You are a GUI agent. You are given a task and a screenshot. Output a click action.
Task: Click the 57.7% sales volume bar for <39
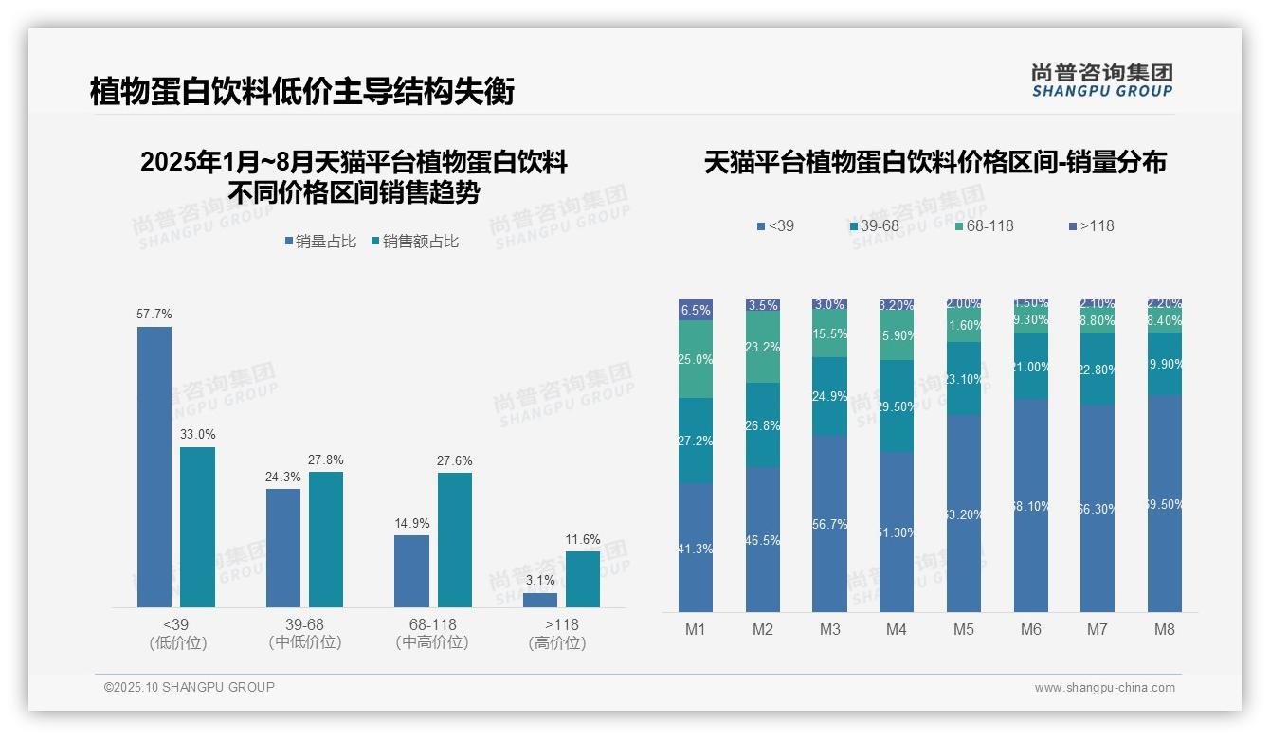(x=154, y=466)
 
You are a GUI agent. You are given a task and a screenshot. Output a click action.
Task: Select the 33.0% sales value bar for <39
(x=197, y=527)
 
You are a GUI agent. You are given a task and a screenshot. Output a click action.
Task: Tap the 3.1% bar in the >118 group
(x=540, y=600)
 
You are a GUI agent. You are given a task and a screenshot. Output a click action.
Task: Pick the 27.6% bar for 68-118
(x=455, y=540)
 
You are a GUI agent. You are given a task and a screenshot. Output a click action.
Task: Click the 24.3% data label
(x=282, y=477)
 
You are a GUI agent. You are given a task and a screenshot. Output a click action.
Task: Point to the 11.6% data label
(x=583, y=539)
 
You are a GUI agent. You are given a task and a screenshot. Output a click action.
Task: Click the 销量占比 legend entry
(x=320, y=242)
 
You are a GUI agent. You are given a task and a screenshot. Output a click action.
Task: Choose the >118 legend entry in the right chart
(x=1092, y=226)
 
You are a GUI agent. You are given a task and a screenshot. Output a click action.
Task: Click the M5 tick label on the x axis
(x=964, y=629)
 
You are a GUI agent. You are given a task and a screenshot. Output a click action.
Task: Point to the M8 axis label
(x=1165, y=629)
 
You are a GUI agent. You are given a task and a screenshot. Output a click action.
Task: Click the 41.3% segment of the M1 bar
(x=696, y=548)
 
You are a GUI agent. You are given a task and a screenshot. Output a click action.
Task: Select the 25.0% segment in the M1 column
(x=696, y=359)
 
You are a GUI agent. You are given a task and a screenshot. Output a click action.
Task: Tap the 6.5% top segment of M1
(x=696, y=310)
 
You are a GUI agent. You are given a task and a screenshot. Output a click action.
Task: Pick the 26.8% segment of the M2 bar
(x=763, y=425)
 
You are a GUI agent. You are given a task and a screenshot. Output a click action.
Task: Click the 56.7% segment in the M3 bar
(x=830, y=523)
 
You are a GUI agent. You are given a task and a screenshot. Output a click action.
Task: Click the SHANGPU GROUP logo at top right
(x=1101, y=81)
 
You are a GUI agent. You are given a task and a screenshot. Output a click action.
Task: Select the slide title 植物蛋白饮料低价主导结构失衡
(x=302, y=92)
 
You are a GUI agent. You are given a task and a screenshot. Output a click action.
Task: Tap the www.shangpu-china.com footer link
(x=1104, y=688)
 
